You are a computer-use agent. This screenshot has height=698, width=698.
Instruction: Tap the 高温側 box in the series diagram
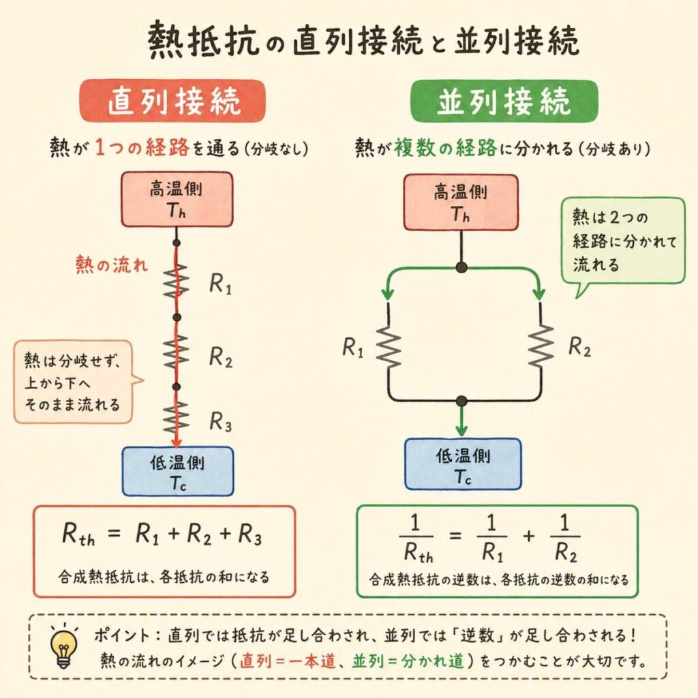click(177, 199)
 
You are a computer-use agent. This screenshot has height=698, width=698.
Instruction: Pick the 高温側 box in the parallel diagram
click(461, 202)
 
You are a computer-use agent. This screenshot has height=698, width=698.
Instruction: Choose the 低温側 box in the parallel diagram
click(462, 464)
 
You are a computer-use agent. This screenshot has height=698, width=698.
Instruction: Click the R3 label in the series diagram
click(220, 423)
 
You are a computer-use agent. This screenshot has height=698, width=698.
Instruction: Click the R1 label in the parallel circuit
click(354, 348)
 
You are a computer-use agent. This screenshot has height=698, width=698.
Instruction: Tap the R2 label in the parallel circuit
click(579, 348)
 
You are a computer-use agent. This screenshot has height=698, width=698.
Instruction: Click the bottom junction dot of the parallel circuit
click(461, 400)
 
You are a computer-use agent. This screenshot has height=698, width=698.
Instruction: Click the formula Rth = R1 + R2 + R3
click(162, 536)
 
